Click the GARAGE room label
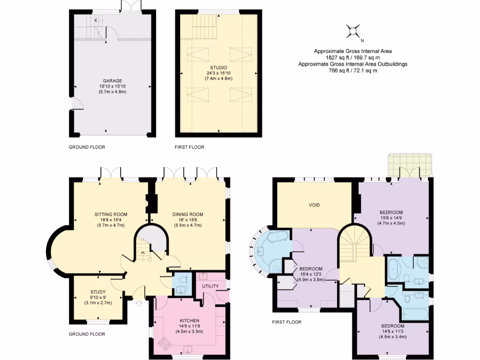pyautogui.click(x=112, y=81)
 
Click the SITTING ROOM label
pyautogui.click(x=111, y=214)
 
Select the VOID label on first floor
pyautogui.click(x=314, y=205)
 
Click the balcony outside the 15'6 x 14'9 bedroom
pyautogui.click(x=410, y=164)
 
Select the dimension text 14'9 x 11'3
pyautogui.click(x=392, y=332)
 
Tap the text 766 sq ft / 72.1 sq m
pyautogui.click(x=352, y=71)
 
